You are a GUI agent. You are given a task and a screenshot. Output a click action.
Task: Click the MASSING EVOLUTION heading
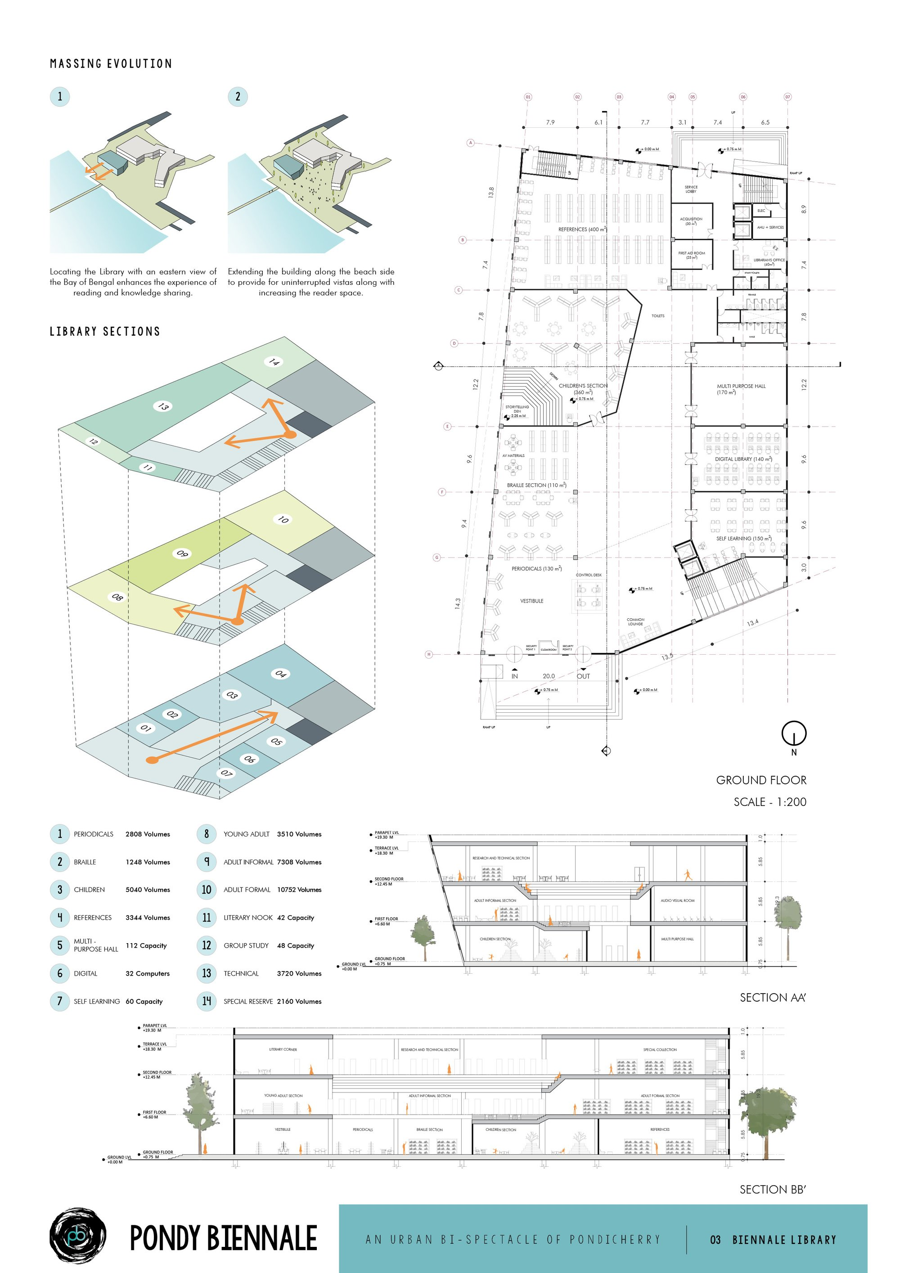coord(111,64)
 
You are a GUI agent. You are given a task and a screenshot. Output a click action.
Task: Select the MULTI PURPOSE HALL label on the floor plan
coord(741,387)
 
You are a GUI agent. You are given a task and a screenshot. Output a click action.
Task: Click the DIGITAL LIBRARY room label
coord(743,459)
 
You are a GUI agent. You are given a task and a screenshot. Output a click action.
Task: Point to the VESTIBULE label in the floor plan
coord(531,601)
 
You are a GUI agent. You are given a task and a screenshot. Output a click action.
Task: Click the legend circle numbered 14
coord(206,1001)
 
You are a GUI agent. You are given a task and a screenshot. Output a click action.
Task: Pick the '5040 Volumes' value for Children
coord(148,889)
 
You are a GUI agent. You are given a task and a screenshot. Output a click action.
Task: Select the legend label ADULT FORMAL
coord(247,889)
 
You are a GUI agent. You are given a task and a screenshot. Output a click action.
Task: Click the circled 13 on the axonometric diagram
coord(163,406)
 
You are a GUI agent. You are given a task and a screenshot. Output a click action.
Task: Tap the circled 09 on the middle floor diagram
coord(182,553)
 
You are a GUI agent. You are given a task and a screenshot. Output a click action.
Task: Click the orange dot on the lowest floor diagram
coord(151,760)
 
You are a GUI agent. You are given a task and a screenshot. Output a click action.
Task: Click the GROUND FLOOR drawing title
coord(761,780)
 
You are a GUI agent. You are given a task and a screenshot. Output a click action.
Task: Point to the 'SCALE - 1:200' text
coord(769,802)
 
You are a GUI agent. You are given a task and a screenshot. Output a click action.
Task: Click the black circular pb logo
coord(78,1235)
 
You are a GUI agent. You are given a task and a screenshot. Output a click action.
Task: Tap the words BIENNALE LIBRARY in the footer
coord(783,1240)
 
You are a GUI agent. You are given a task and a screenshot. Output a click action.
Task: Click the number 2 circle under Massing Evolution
coord(238,96)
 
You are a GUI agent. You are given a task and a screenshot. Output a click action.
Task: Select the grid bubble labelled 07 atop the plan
coord(787,97)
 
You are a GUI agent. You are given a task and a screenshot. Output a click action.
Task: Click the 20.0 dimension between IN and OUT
coord(549,676)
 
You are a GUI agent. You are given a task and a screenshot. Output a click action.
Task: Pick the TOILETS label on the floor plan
coord(657,316)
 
